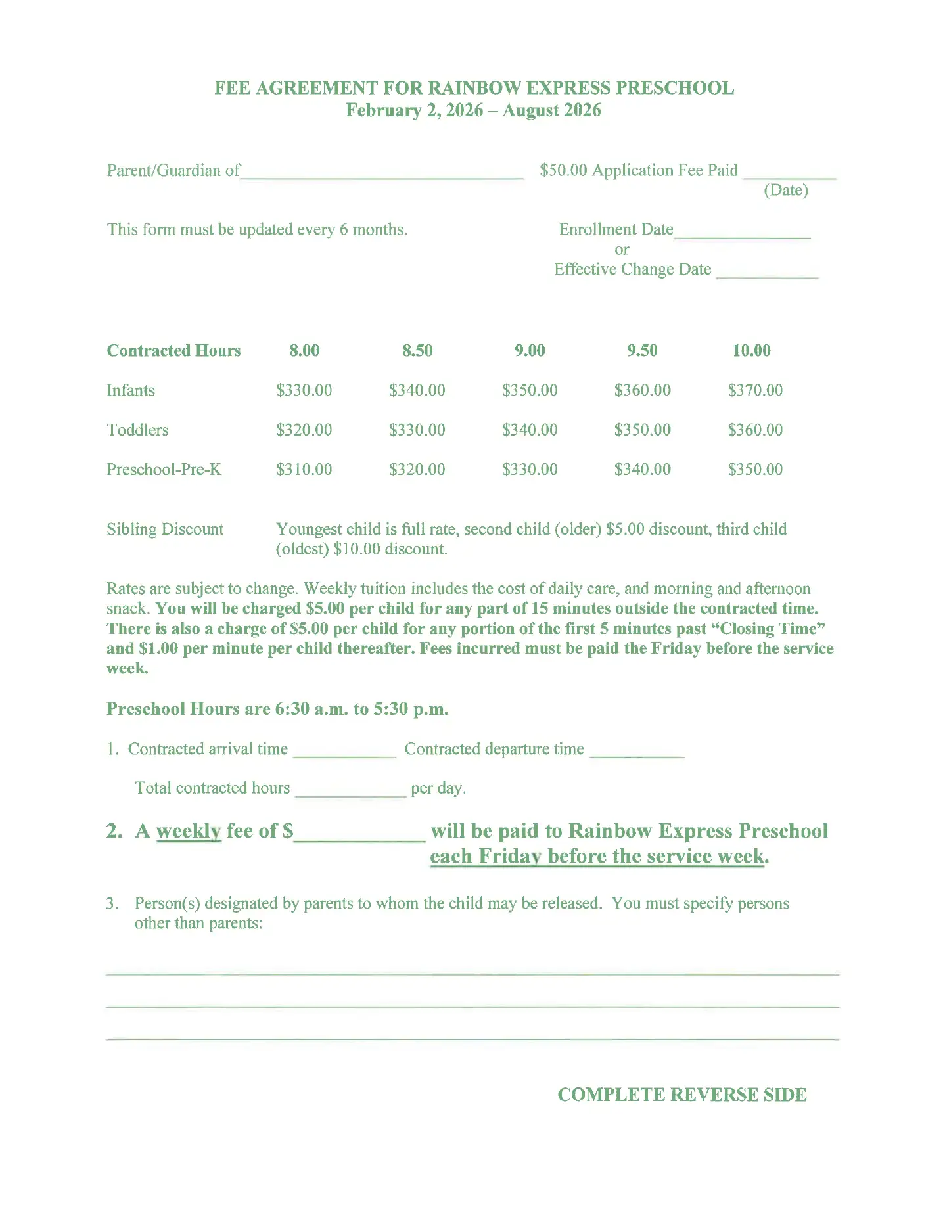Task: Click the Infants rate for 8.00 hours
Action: tap(304, 390)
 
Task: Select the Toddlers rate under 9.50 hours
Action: tap(642, 430)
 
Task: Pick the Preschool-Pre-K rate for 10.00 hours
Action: tap(755, 470)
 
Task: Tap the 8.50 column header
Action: tap(417, 350)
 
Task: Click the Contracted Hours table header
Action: tap(173, 350)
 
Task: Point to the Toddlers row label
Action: tap(137, 430)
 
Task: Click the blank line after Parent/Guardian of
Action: tap(382, 172)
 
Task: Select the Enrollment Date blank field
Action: tap(742, 231)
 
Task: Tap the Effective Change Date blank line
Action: tap(767, 271)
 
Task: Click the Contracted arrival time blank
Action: tap(344, 751)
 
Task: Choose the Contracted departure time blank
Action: tap(637, 751)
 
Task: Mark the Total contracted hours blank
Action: tap(351, 790)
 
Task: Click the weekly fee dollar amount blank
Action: tap(360, 833)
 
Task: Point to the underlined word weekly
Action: tap(188, 831)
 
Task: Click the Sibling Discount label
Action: tap(165, 529)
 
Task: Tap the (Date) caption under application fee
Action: tap(785, 191)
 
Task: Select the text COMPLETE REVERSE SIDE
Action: tap(681, 1095)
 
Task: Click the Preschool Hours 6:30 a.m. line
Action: tap(277, 709)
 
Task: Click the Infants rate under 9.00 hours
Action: tap(530, 390)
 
